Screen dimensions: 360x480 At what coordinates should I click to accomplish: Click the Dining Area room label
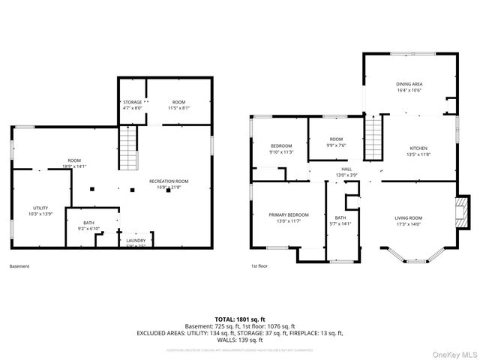click(409, 84)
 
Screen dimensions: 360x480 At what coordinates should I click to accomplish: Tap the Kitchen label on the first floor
click(418, 148)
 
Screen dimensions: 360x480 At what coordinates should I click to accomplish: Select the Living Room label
click(409, 217)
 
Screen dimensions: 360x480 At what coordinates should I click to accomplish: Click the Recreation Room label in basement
click(169, 181)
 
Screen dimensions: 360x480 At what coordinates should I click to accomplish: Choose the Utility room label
click(40, 208)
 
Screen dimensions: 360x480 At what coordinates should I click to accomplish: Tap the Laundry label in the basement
click(136, 240)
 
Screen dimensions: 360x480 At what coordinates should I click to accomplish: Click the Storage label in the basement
click(132, 102)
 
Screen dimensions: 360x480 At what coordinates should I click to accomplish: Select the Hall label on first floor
click(346, 169)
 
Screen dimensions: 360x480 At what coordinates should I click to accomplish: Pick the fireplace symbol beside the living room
click(463, 212)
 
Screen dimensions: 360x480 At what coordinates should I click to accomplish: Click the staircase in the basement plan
click(130, 148)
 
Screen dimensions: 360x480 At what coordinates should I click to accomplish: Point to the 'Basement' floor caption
click(20, 266)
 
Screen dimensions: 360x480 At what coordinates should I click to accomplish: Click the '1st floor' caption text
click(259, 266)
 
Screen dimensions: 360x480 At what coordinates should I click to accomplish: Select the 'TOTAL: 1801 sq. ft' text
click(240, 318)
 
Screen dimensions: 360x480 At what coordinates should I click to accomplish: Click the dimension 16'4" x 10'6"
click(409, 89)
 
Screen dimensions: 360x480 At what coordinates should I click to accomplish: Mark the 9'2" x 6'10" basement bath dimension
click(89, 228)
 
